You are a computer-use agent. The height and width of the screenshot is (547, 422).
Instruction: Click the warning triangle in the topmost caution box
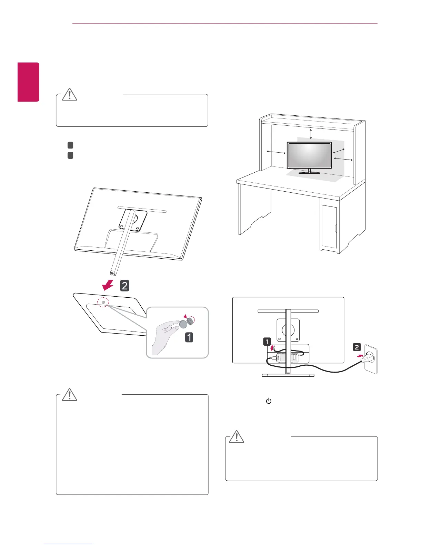click(69, 94)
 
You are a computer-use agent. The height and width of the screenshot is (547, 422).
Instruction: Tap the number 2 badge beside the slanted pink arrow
click(124, 286)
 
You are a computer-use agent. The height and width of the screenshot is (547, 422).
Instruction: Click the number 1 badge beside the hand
click(189, 337)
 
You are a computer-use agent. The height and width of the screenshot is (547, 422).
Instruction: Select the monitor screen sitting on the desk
click(309, 156)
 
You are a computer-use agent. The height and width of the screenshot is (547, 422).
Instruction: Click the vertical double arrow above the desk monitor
click(311, 133)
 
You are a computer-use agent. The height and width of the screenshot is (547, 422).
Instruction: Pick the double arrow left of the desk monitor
click(276, 152)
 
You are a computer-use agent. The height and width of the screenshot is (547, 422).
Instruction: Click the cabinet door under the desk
click(329, 227)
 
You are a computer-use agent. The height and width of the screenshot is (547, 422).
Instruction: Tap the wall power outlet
click(371, 361)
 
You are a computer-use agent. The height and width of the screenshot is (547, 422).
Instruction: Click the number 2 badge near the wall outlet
click(357, 347)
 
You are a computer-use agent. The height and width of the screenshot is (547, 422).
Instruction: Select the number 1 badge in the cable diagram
click(267, 342)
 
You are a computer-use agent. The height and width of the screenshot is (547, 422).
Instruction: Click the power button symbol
click(269, 401)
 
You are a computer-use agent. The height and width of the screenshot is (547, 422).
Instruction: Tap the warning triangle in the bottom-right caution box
click(237, 436)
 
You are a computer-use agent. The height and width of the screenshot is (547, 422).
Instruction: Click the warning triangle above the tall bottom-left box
click(69, 394)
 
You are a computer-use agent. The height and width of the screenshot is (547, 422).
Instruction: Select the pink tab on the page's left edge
click(29, 82)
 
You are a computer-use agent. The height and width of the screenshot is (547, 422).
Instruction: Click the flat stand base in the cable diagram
click(288, 375)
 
